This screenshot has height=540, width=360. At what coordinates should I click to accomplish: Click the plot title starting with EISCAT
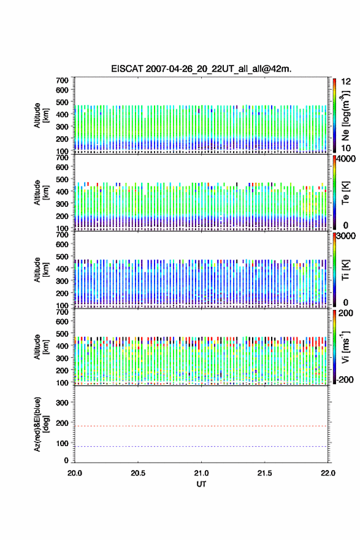click(201, 69)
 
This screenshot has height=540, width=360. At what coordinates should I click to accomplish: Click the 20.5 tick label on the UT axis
click(137, 473)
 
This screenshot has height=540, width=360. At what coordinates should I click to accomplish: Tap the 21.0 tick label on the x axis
click(201, 473)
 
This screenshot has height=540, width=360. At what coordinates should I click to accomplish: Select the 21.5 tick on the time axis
click(264, 473)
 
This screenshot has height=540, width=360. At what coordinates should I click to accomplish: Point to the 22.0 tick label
click(327, 473)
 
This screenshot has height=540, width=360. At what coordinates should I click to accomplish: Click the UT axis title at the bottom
click(201, 484)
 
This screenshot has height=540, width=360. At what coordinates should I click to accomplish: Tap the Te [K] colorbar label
click(345, 193)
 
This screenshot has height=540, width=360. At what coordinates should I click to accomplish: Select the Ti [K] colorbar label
click(345, 270)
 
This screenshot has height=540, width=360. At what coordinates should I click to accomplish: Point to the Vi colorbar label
click(345, 347)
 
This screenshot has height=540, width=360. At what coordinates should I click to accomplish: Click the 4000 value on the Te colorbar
click(345, 159)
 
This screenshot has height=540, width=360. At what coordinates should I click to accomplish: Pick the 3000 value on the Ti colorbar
click(345, 236)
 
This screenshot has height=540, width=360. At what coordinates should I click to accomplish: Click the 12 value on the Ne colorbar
click(346, 82)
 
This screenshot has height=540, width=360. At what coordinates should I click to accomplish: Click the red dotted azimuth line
click(201, 426)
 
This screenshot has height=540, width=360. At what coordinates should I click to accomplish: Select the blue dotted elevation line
click(201, 446)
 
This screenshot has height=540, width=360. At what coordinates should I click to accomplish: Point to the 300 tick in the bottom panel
click(63, 403)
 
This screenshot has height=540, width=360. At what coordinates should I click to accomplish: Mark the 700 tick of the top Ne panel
click(63, 80)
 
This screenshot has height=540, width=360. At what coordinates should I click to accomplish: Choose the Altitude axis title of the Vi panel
click(37, 347)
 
